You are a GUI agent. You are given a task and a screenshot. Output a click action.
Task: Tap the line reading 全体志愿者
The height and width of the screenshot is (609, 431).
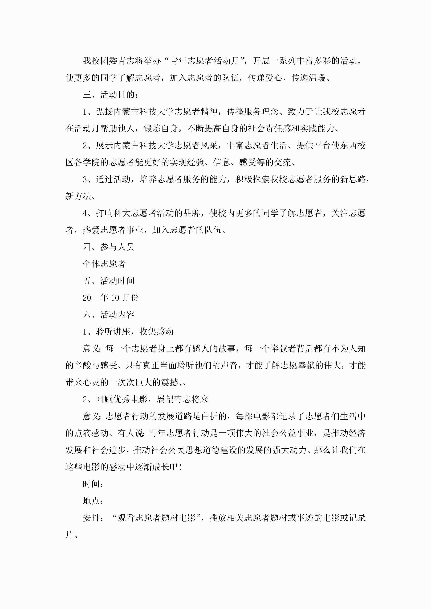click(x=104, y=264)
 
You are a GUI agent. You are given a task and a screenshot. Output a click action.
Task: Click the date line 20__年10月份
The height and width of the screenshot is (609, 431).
click(x=111, y=298)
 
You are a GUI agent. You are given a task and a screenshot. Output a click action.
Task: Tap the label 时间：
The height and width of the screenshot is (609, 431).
click(x=93, y=484)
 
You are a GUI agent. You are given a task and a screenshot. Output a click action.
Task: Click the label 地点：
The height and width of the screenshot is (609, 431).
click(x=93, y=501)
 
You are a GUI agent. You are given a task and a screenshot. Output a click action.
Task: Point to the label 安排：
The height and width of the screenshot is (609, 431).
click(x=93, y=518)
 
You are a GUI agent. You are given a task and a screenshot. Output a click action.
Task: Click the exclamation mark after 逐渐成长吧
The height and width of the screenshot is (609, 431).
click(x=181, y=467)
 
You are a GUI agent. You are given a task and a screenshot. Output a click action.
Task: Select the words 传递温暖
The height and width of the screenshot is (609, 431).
click(x=308, y=78)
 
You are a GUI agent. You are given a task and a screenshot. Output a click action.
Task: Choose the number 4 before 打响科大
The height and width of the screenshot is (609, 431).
click(x=85, y=213)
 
